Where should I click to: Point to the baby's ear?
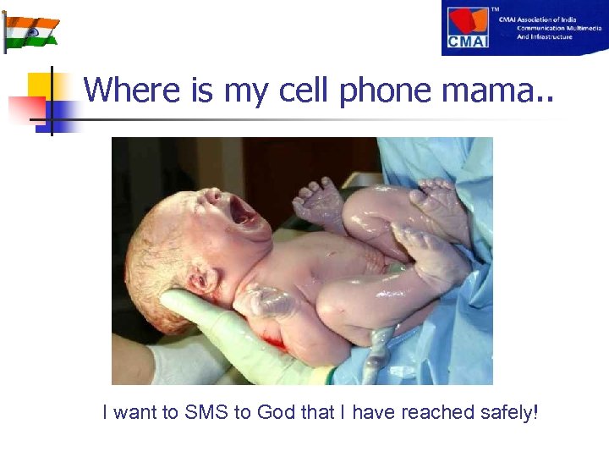(201, 280)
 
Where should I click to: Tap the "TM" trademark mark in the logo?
(496, 9)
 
